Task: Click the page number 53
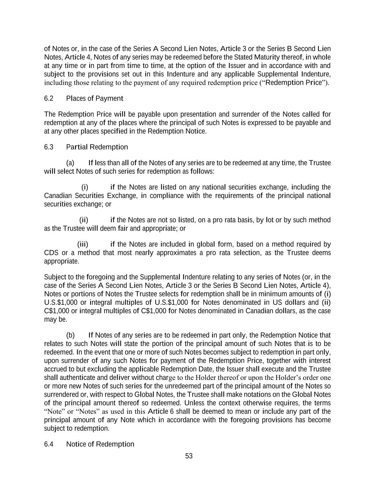189,456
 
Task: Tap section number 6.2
49,98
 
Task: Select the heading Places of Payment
95,98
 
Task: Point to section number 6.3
49,147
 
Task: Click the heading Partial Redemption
97,147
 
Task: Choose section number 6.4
49,444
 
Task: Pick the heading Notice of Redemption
100,444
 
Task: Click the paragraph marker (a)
70,163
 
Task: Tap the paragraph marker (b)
70,335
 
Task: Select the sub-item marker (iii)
83,244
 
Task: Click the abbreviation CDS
51,253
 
